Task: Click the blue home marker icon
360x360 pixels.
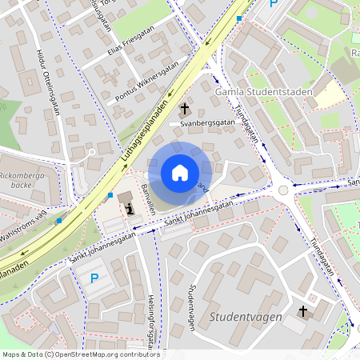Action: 179,173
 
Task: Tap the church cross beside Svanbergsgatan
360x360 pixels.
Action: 186,109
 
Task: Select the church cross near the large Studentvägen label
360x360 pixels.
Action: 303,310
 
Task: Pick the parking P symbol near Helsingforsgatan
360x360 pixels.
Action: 94,278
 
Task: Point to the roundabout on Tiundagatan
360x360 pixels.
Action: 283,190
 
